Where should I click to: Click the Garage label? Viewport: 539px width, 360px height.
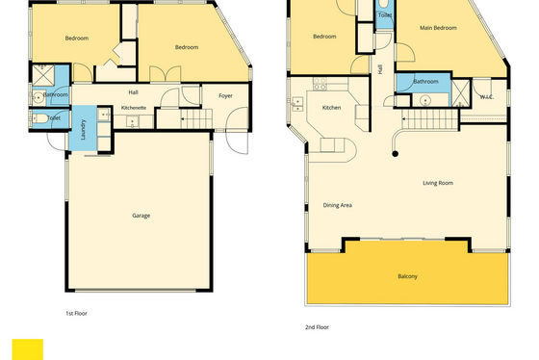pyautogui.click(x=141, y=216)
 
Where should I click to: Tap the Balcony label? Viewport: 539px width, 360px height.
pyautogui.click(x=407, y=276)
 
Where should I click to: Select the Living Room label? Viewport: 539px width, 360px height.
pyautogui.click(x=438, y=183)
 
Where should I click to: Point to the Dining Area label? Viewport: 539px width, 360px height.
pyautogui.click(x=337, y=205)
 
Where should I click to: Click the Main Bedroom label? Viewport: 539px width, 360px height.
pyautogui.click(x=438, y=28)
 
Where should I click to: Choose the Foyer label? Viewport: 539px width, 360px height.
pyautogui.click(x=225, y=96)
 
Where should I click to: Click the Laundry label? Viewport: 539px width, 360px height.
pyautogui.click(x=83, y=129)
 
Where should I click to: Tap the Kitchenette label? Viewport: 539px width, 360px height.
pyautogui.click(x=134, y=108)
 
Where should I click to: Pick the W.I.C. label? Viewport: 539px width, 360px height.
pyautogui.click(x=487, y=97)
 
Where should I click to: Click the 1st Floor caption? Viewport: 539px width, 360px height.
pyautogui.click(x=76, y=313)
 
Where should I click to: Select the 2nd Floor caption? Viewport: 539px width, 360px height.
pyautogui.click(x=317, y=327)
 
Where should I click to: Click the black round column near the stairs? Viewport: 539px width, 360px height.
pyautogui.click(x=395, y=154)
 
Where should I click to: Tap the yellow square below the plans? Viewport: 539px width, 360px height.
pyautogui.click(x=28, y=349)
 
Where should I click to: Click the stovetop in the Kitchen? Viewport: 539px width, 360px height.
pyautogui.click(x=320, y=84)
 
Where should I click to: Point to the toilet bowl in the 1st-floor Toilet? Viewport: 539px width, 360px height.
pyautogui.click(x=39, y=118)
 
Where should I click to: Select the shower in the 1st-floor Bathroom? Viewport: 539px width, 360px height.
pyautogui.click(x=43, y=75)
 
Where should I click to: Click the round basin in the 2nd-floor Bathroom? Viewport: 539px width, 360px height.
pyautogui.click(x=425, y=101)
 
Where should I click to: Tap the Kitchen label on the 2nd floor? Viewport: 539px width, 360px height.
pyautogui.click(x=331, y=108)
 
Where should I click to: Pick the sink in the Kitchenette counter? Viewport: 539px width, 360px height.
pyautogui.click(x=133, y=121)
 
